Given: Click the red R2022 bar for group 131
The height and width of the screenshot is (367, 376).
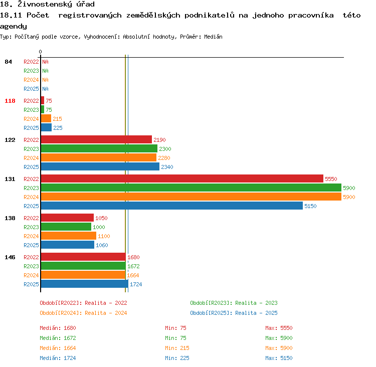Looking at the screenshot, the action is pyautogui.click(x=182, y=178).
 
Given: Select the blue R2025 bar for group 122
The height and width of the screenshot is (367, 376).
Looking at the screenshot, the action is pyautogui.click(x=100, y=167).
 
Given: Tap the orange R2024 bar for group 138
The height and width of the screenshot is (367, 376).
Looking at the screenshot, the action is pyautogui.click(x=69, y=236).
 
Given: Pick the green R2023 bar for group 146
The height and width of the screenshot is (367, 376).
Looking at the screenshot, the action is pyautogui.click(x=83, y=266).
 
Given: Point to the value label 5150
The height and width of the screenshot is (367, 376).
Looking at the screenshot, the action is pyautogui.click(x=310, y=206).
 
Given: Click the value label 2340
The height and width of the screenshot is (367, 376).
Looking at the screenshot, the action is pyautogui.click(x=167, y=167).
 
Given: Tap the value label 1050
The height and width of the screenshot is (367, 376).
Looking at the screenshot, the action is pyautogui.click(x=101, y=218).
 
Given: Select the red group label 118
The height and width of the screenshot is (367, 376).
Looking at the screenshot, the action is pyautogui.click(x=10, y=101).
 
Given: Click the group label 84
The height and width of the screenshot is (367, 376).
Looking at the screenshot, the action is pyautogui.click(x=8, y=62).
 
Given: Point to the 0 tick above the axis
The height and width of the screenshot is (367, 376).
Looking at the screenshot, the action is pyautogui.click(x=40, y=52).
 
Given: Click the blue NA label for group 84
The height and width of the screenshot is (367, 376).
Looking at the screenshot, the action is pyautogui.click(x=45, y=89).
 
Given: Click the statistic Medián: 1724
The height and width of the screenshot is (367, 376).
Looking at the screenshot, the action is pyautogui.click(x=58, y=358).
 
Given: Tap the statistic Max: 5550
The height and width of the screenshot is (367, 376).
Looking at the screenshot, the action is pyautogui.click(x=279, y=328).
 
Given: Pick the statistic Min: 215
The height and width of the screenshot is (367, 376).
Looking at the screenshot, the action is pyautogui.click(x=177, y=348).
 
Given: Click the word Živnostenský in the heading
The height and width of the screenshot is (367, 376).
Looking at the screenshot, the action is pyautogui.click(x=45, y=4).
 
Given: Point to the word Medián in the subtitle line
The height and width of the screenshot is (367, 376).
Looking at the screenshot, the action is pyautogui.click(x=213, y=37).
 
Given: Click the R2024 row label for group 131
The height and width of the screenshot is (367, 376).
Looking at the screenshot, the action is pyautogui.click(x=31, y=197).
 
